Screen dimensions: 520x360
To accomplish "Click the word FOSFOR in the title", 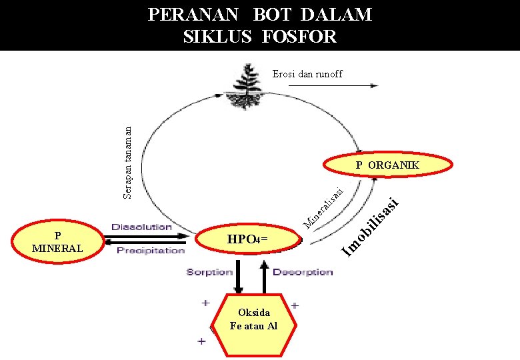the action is pos(296,36).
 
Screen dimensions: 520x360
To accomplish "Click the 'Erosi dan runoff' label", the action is pos(307,74).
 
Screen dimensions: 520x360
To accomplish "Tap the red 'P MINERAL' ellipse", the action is pos(57,241).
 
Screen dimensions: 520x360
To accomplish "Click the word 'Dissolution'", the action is pos(141,227).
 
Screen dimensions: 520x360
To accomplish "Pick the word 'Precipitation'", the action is pos(151,251).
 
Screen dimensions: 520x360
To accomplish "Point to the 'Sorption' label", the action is pos(209,272).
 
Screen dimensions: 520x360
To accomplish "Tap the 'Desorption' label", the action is pos(303,272).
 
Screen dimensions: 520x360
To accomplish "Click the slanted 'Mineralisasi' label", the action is pos(323,206).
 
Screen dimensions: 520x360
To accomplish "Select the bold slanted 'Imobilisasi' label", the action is pos(370,226).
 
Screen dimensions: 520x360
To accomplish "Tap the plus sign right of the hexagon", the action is pos(294,305).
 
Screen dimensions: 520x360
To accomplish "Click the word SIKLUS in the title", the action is pos(217,36).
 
